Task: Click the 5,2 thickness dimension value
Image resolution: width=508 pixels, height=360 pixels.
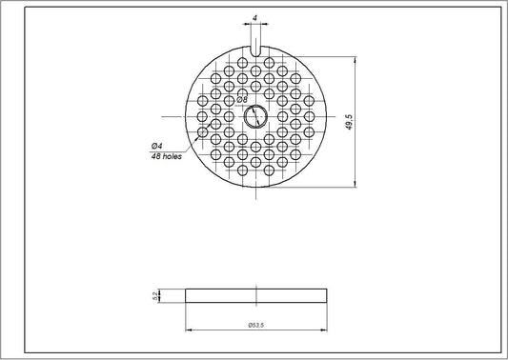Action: point(156,296)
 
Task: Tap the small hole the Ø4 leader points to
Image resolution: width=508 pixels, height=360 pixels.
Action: point(202,132)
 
